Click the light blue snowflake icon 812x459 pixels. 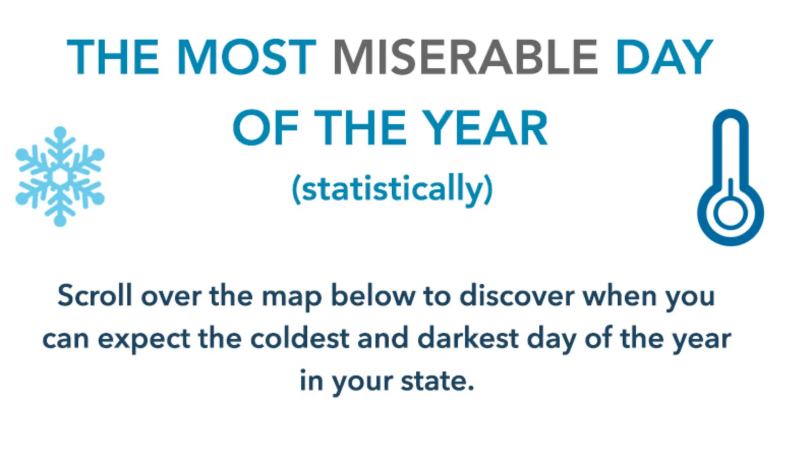[60, 176]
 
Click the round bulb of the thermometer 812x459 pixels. [731, 212]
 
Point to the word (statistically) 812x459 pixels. [392, 189]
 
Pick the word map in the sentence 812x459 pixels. [292, 297]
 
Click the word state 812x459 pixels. [437, 381]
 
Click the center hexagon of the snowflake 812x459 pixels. [60, 176]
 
